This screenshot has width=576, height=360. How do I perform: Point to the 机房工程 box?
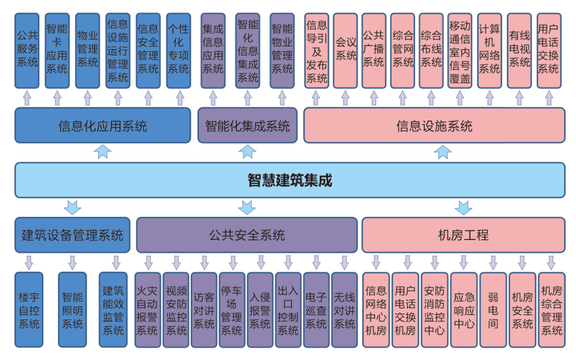463,235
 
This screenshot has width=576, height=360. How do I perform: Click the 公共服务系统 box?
27,51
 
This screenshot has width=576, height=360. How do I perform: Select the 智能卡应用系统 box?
57,51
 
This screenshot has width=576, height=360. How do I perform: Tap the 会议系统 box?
346,51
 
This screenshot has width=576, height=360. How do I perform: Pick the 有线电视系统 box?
519,51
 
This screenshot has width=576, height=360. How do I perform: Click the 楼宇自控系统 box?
29,310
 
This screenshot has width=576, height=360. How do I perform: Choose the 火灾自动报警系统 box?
146,310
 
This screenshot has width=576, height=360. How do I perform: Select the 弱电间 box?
493,310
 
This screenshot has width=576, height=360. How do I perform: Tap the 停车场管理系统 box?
232,310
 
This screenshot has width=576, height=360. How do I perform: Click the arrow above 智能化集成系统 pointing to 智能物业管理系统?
282,97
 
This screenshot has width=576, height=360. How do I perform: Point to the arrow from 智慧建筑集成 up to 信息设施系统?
443,152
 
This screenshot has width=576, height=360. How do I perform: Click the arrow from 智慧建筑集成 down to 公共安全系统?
247,207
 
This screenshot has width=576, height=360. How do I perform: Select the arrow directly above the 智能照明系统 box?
72,263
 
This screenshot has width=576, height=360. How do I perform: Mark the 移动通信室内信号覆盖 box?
460,51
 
